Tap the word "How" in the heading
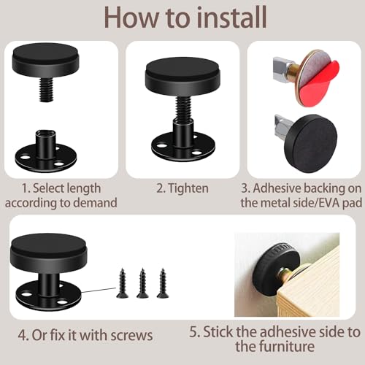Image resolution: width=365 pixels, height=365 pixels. coord(131,18)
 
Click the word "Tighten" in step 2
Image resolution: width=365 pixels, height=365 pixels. coord(188,188)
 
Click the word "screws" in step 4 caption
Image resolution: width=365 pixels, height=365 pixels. coord(131,335)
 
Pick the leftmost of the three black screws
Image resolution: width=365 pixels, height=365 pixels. coord(122,283)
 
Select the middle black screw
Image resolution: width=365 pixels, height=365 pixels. coord(142,283)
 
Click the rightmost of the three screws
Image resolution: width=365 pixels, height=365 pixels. coord(163,283)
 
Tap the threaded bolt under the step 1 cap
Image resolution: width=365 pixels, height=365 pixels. coord(46,89)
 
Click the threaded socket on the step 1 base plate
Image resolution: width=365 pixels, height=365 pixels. coord(45,142)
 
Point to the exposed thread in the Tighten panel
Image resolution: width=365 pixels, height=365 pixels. coord(182,107)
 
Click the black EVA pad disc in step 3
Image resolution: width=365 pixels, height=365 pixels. coord(311,143)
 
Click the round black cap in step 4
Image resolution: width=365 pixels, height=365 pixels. coord(48,253)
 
